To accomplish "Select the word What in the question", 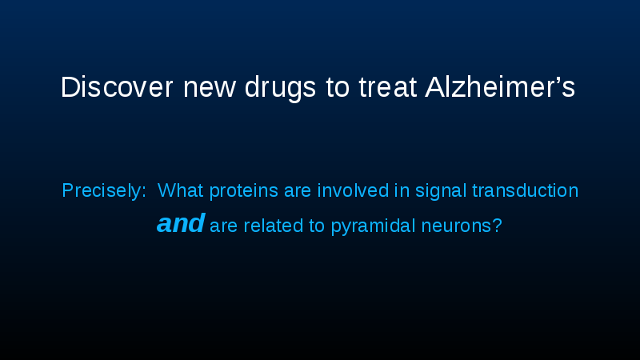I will click(181, 191).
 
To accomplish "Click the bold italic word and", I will click(181, 224).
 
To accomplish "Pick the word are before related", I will click(224, 226).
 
